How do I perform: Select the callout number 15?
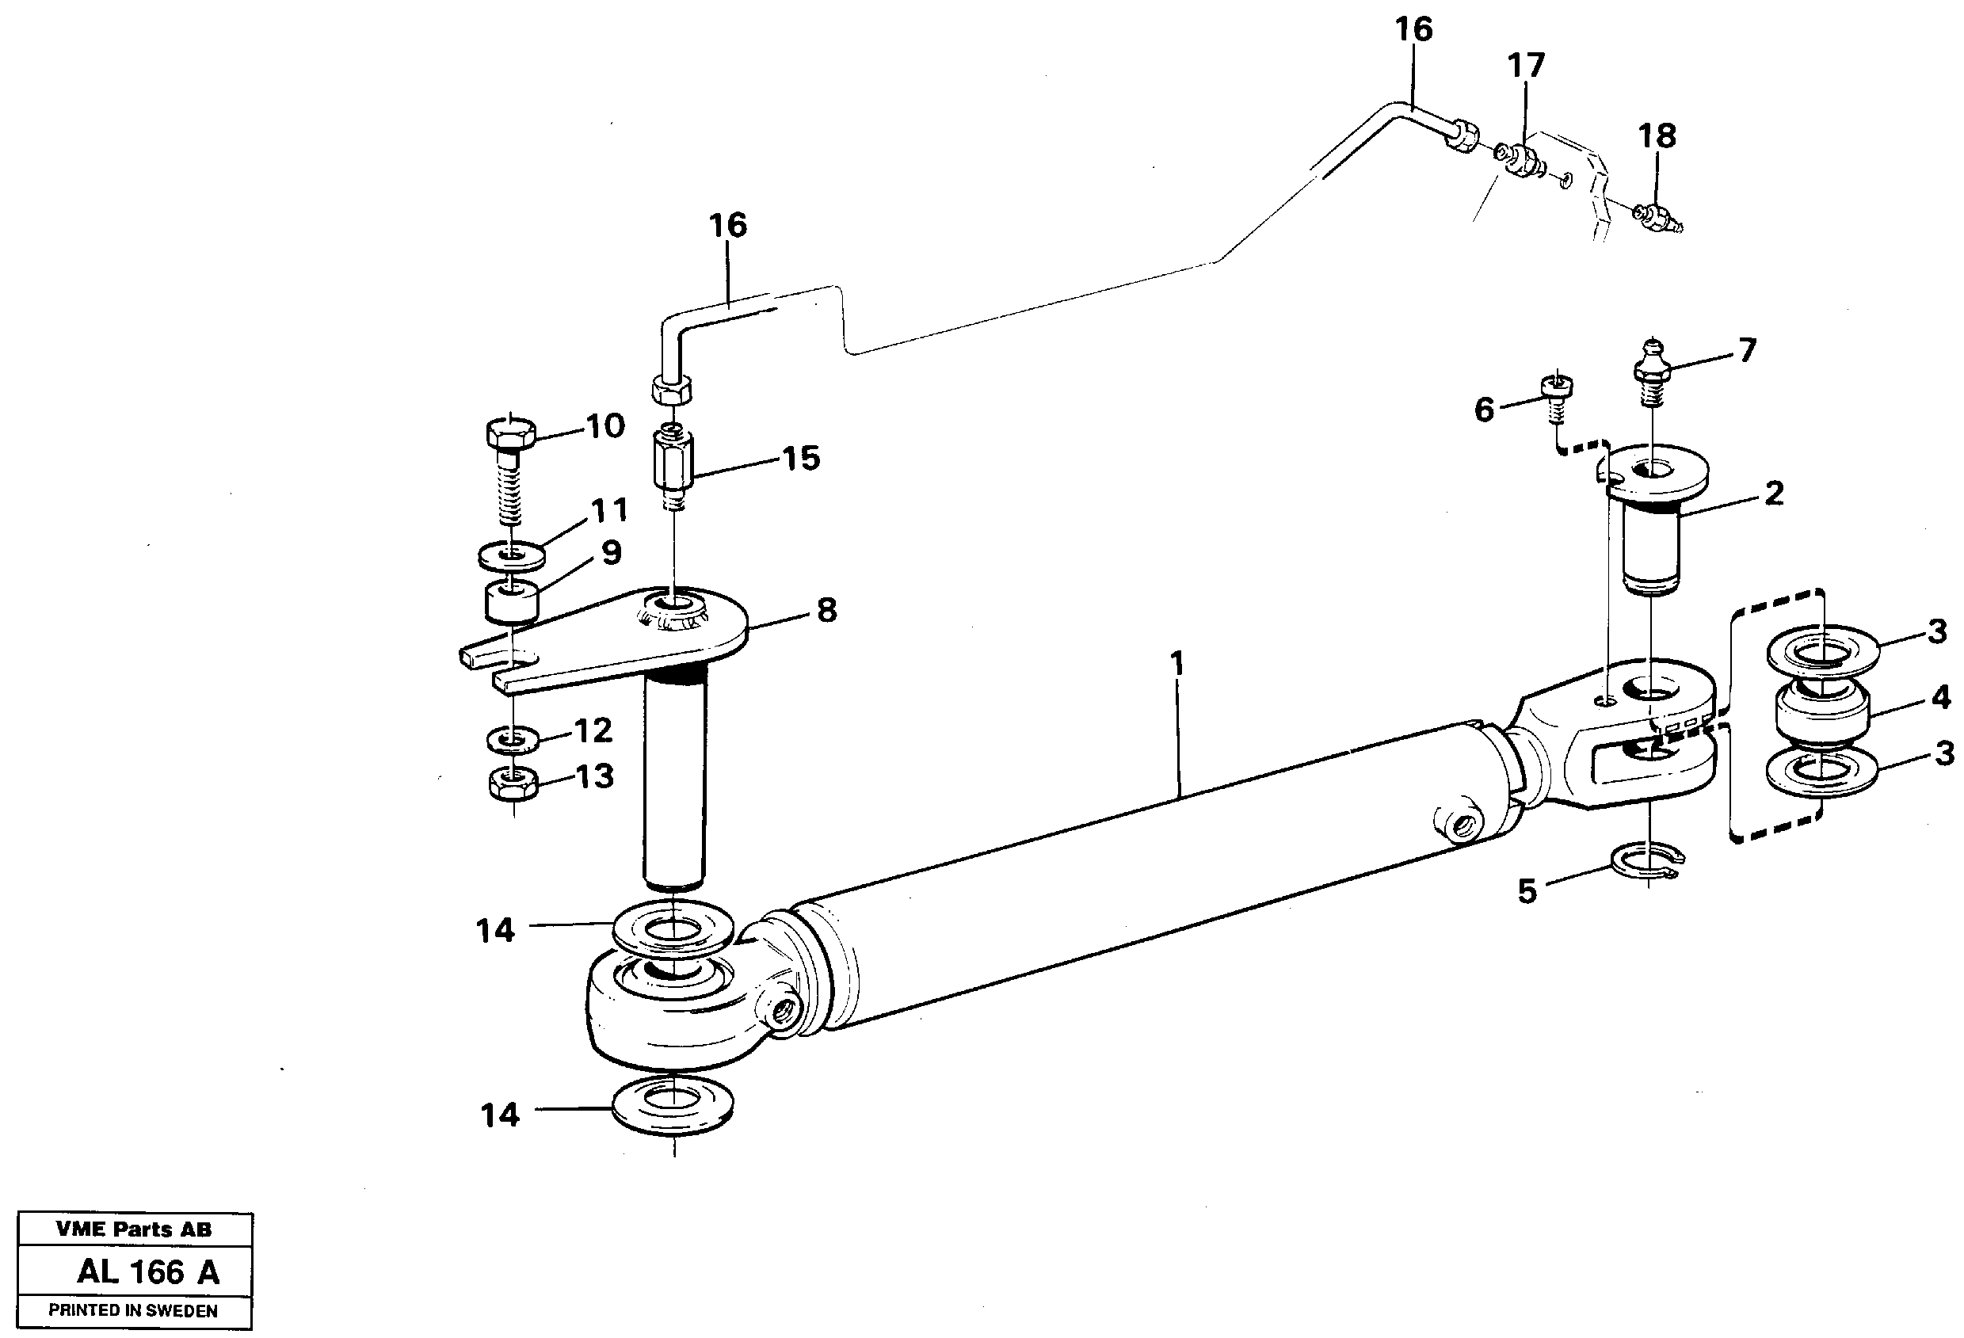coord(800,458)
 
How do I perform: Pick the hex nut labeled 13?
coord(514,783)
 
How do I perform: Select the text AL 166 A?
coord(148,1272)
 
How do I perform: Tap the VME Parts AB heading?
coord(134,1229)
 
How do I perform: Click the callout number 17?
coord(1526,65)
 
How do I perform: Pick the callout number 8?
coord(826,609)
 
